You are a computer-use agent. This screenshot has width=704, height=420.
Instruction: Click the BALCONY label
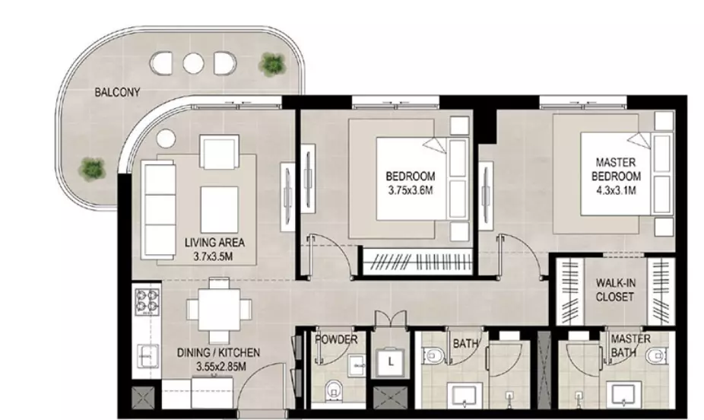117,92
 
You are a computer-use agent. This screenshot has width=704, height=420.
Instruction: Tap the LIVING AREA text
214,243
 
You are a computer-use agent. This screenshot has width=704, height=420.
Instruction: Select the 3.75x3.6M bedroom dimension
411,190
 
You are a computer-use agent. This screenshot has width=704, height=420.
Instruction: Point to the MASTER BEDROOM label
616,169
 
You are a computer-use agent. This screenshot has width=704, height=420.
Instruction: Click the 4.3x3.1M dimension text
616,190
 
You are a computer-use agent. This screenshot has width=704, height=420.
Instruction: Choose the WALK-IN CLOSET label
615,290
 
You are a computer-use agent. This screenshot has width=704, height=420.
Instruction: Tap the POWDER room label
336,339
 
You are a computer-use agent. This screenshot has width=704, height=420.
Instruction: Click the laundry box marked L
391,361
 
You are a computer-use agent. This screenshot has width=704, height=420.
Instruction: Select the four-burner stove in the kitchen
147,301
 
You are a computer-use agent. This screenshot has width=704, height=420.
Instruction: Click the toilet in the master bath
655,357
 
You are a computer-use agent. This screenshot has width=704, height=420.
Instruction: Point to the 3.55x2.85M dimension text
221,367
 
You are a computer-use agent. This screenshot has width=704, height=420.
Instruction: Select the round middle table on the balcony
193,64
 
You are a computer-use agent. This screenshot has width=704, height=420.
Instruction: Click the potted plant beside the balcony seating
272,64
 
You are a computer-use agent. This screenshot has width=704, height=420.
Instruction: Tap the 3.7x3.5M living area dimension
213,257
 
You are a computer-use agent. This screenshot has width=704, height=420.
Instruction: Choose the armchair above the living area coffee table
219,153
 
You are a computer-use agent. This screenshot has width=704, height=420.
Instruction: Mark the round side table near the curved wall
166,138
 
